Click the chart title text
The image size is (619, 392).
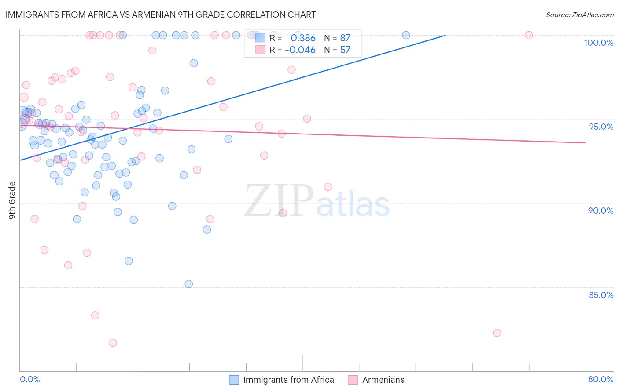point(160,15)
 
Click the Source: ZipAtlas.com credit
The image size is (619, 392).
point(579,15)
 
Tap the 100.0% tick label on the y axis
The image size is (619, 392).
point(598,43)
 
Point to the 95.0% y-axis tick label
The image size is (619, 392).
point(601,127)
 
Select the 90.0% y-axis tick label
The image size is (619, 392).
point(601,211)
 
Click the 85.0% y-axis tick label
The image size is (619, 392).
point(601,295)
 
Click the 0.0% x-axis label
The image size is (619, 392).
point(30,379)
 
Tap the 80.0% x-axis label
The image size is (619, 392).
point(601,379)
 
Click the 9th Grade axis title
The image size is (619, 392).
point(12,200)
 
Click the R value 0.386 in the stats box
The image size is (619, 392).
point(303,38)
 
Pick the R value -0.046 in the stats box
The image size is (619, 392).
point(300,50)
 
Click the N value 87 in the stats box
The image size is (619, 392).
point(345,38)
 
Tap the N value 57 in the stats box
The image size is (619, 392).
point(345,50)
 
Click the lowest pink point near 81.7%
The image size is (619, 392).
point(113,343)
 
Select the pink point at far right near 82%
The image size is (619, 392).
point(497,333)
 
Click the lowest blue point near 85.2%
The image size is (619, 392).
point(188,284)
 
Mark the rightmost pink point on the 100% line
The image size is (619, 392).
point(529,35)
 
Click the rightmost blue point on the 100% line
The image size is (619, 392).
point(406,35)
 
